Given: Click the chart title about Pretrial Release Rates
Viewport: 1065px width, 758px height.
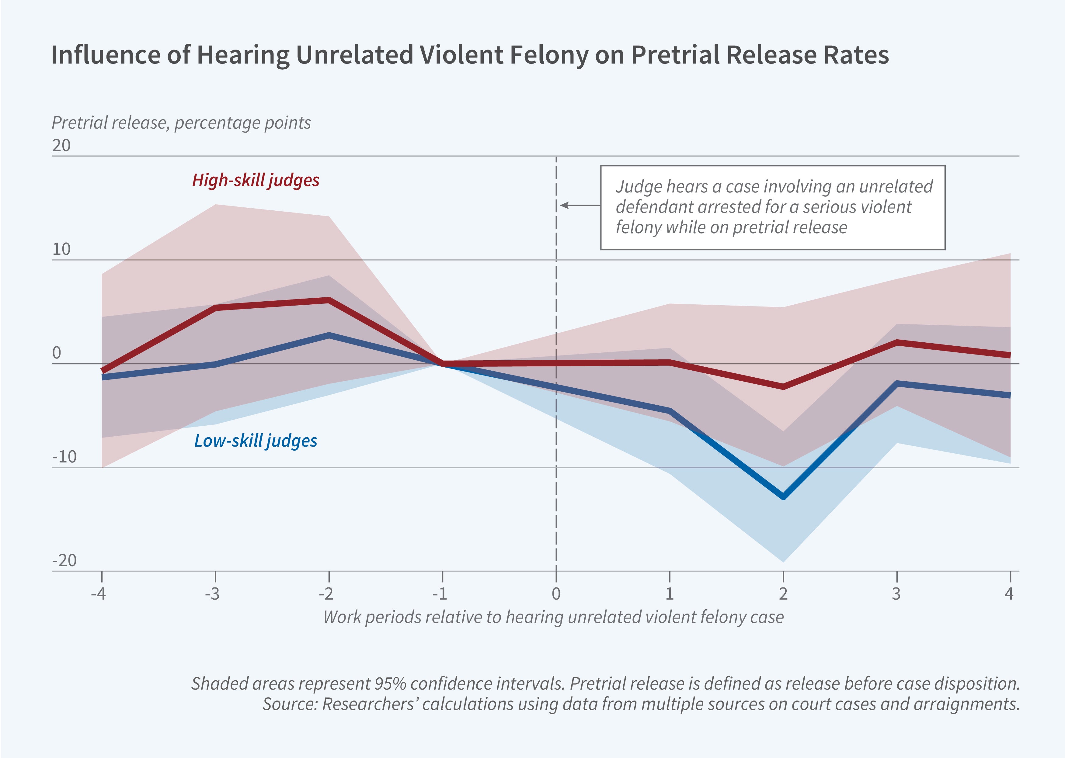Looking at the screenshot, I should pyautogui.click(x=470, y=55).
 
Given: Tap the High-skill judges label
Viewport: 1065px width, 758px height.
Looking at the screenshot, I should pyautogui.click(x=256, y=180).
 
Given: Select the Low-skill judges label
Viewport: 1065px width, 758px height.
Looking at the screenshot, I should pyautogui.click(x=256, y=441).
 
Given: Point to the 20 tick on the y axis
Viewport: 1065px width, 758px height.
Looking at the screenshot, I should pyautogui.click(x=61, y=146).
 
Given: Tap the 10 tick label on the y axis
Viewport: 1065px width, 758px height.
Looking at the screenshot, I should pyautogui.click(x=61, y=250).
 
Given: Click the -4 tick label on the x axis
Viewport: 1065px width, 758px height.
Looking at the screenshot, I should pyautogui.click(x=99, y=594).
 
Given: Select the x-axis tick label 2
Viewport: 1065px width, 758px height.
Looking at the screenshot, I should pyautogui.click(x=783, y=594).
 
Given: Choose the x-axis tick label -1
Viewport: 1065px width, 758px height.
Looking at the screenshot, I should pyautogui.click(x=440, y=594).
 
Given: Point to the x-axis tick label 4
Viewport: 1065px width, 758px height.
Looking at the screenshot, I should pyautogui.click(x=1009, y=594).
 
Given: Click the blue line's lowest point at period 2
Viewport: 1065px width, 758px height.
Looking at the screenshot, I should pyautogui.click(x=783, y=497).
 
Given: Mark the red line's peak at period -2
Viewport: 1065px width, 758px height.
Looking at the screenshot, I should pyautogui.click(x=329, y=300).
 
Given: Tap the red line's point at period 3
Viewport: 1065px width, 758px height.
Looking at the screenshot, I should pyautogui.click(x=897, y=343).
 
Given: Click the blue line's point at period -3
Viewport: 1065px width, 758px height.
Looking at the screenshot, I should pyautogui.click(x=216, y=364).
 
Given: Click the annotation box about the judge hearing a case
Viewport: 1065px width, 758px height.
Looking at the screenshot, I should pyautogui.click(x=773, y=207).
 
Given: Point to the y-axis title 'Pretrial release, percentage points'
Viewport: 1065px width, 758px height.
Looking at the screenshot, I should pyautogui.click(x=181, y=123).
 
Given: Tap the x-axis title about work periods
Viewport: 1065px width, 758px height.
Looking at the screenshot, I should pyautogui.click(x=553, y=617).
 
